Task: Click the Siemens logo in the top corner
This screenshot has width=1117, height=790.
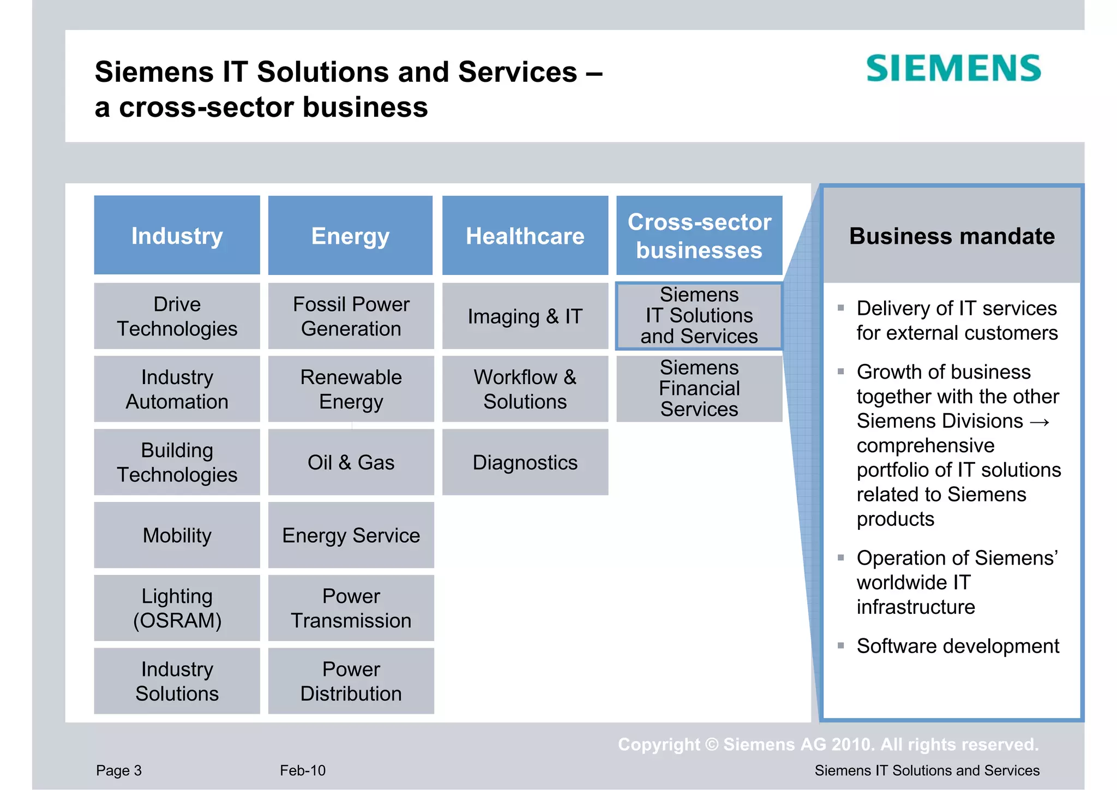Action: point(953,68)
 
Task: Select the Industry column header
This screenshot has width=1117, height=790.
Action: point(177,235)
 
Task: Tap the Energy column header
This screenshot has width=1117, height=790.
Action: point(351,235)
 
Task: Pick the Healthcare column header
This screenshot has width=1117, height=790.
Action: point(525,235)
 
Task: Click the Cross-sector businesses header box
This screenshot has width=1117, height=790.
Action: point(699,235)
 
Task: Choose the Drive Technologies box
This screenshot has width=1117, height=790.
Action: point(177,316)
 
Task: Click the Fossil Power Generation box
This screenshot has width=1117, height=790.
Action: point(351,316)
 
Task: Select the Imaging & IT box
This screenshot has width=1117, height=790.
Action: point(525,316)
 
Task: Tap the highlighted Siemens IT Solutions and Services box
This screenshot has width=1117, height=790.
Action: point(699,316)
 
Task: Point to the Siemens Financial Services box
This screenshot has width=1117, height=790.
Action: point(699,388)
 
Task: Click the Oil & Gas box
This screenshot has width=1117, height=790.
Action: point(351,462)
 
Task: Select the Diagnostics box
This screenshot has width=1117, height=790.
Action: point(525,462)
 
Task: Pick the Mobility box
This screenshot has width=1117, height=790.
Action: point(177,535)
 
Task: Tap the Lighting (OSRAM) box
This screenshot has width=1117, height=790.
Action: point(177,608)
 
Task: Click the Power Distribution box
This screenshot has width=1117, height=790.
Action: point(351,681)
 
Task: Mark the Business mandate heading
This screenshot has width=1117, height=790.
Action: point(952,236)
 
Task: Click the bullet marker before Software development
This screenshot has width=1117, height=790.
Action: point(840,646)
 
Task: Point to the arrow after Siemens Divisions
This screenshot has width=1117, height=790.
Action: point(1040,422)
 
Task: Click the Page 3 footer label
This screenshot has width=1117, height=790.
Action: point(119,770)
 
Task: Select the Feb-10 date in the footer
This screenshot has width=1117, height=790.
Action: point(303,770)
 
